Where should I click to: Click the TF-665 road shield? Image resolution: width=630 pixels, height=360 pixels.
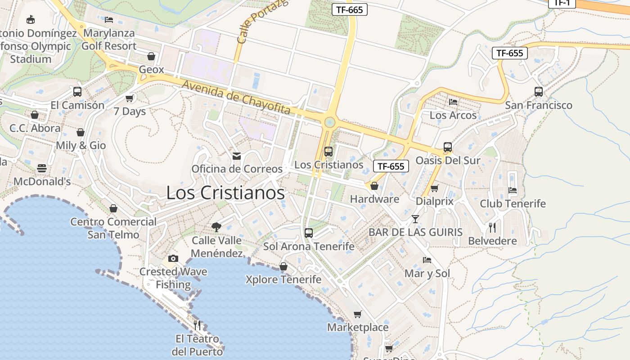point(349,9)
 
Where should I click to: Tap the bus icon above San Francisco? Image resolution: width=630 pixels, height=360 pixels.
point(539,92)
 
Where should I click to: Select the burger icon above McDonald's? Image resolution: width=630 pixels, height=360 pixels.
point(42,168)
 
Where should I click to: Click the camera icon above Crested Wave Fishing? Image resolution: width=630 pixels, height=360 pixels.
point(173,258)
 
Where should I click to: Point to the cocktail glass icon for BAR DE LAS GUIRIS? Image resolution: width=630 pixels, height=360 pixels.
point(415,219)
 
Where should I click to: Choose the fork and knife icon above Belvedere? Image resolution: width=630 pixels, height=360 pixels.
point(492,227)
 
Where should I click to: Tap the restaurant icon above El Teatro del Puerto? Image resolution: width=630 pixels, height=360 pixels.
point(197,325)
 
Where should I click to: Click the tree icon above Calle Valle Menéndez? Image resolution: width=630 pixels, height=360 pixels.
point(216,227)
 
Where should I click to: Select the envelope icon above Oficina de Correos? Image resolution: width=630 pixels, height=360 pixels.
point(237,156)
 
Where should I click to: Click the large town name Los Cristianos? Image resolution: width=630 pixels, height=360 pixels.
point(225,193)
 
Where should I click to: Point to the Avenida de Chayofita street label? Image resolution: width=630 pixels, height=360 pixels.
point(236,97)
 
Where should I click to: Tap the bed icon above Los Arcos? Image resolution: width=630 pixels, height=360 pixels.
point(453,102)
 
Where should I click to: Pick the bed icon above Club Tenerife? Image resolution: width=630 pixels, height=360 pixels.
point(513,190)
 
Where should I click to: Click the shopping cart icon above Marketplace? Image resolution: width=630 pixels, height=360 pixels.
point(357,314)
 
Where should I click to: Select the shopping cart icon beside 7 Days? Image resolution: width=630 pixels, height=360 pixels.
point(130,98)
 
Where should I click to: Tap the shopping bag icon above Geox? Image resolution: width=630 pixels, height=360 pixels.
point(151,56)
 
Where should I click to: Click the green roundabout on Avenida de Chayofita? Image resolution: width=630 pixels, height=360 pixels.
point(330,121)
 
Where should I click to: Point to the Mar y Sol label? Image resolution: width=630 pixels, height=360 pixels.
point(427,273)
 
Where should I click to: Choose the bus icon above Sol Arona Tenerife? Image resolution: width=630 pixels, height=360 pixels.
point(309,233)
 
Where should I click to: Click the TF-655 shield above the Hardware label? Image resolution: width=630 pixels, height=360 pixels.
point(391,166)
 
